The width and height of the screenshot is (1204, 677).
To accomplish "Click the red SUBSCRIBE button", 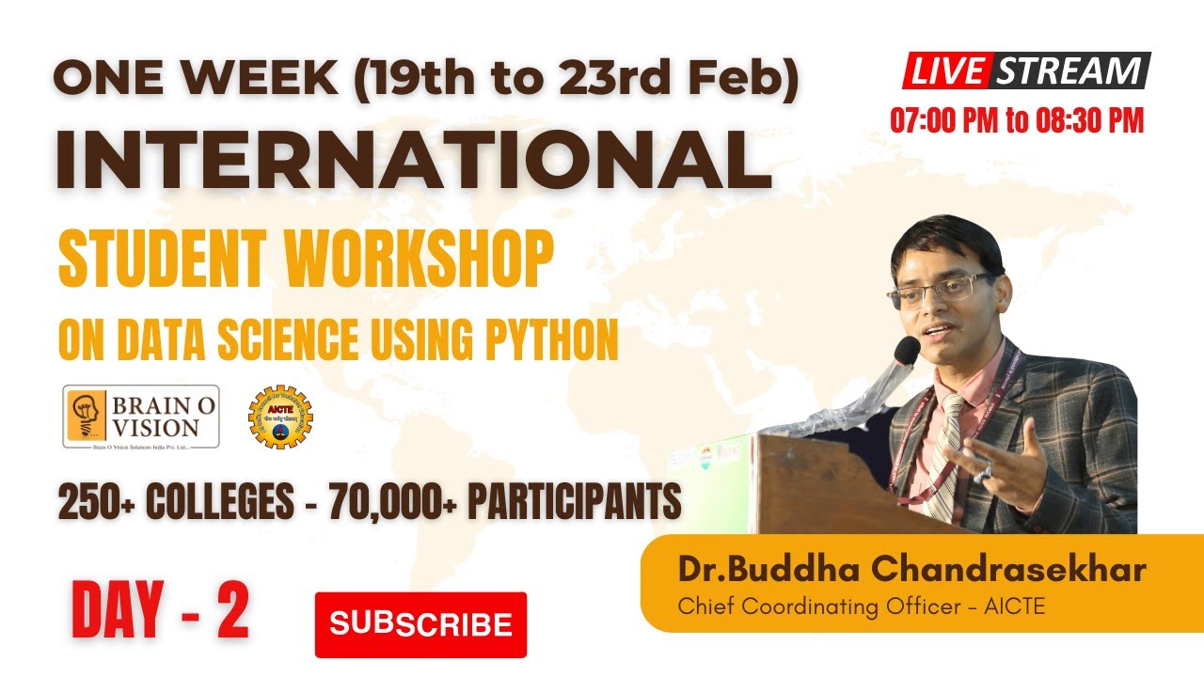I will (x=420, y=624).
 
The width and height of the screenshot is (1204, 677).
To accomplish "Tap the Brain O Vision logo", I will (x=141, y=416).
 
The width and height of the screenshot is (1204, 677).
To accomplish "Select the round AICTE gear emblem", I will (x=280, y=417).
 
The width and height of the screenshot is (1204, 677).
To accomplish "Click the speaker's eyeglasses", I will (x=941, y=290).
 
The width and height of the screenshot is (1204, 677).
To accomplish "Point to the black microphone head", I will (x=906, y=350).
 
